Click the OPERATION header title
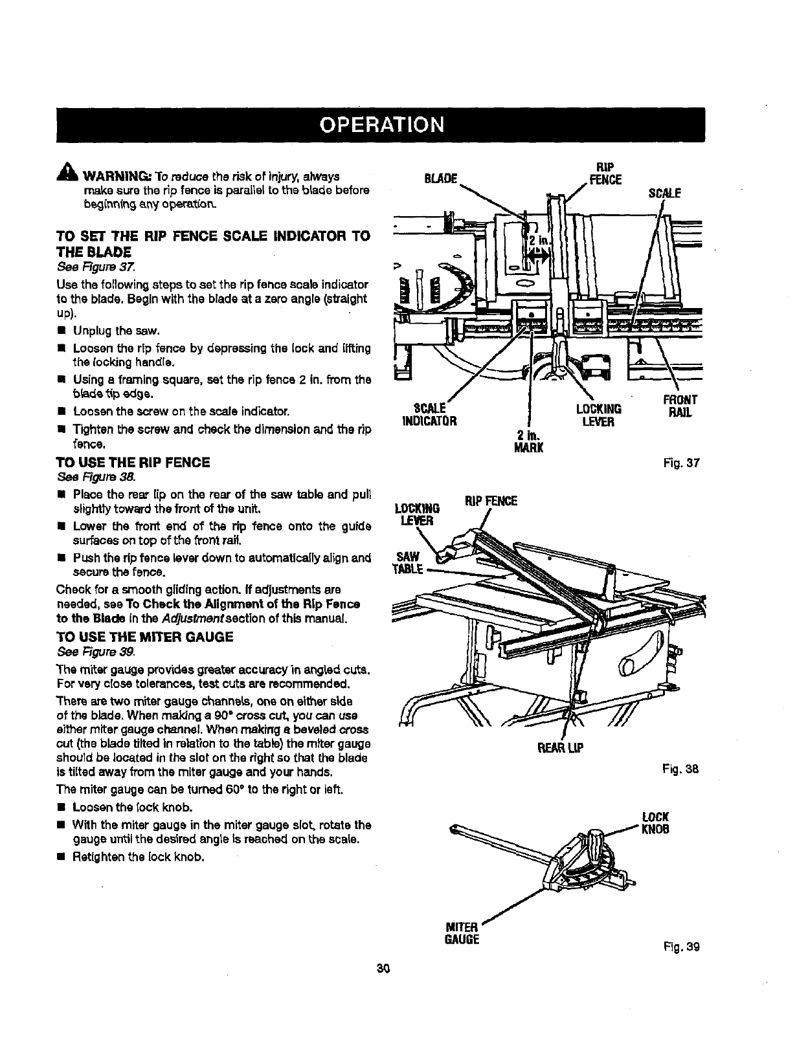point(380,124)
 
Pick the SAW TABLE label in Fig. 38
point(408,563)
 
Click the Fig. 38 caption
point(680,770)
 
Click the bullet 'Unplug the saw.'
point(117,331)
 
